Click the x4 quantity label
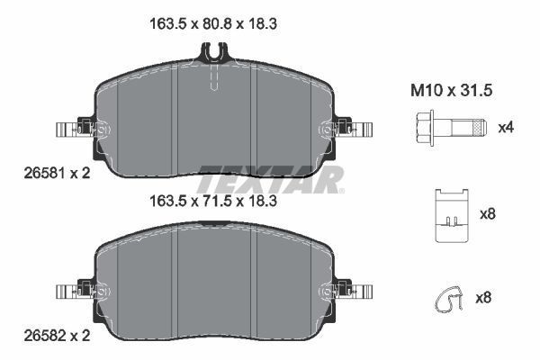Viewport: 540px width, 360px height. pos(507,127)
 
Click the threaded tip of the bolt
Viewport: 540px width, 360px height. pos(481,127)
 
